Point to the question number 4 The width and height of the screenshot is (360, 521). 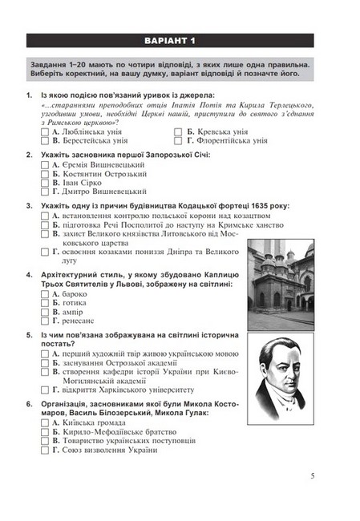point(29,274)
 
